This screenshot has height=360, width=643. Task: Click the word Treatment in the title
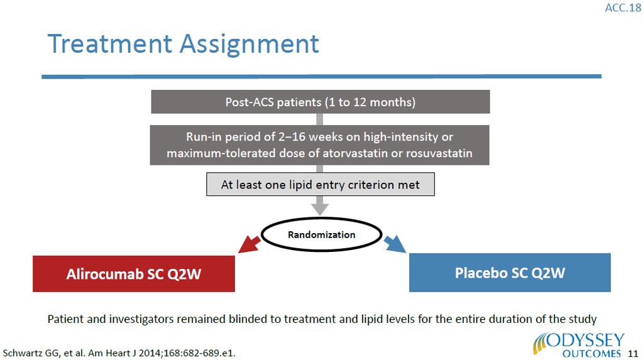coord(109,43)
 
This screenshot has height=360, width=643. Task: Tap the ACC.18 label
coord(623,8)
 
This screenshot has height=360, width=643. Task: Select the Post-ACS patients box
coord(321,102)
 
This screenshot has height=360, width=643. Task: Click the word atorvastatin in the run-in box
coord(355,153)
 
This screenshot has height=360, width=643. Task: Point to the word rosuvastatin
coord(439,153)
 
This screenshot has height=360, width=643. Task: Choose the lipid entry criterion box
coord(321,185)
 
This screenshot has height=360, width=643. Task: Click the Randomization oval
coord(322,234)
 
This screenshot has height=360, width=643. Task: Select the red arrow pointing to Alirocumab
coord(249,244)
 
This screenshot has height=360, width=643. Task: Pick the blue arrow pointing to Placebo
coord(395,244)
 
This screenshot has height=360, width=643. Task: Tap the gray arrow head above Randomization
coord(320,209)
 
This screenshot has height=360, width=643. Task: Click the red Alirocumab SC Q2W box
coord(134,274)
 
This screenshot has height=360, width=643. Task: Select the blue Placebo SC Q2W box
coord(510,273)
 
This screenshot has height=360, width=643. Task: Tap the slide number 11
coord(633,354)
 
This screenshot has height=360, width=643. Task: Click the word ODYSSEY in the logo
coord(586,341)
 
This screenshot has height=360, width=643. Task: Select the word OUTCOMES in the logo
coord(591,354)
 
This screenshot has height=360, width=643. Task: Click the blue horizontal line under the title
coord(322,77)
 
